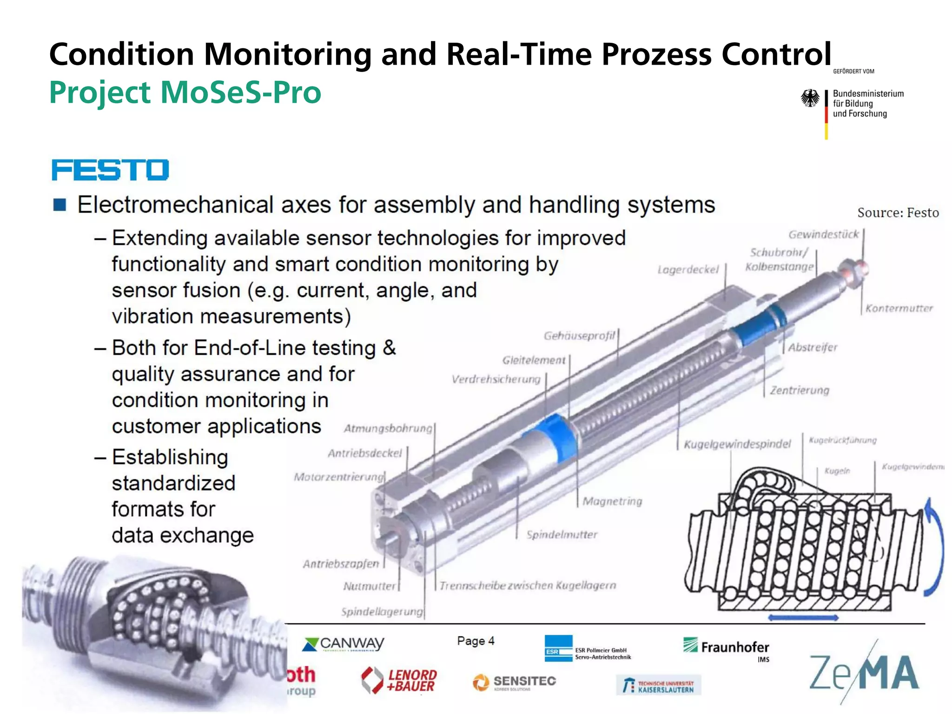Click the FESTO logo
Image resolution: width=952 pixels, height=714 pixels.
[110, 170]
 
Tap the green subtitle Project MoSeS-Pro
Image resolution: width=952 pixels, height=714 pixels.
[185, 93]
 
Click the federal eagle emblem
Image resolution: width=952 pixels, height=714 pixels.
[810, 99]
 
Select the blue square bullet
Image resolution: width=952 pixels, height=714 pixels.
[59, 205]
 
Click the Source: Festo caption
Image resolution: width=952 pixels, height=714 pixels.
[898, 213]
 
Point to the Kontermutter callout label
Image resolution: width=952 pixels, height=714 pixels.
[899, 309]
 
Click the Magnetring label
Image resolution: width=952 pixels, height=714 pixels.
[612, 501]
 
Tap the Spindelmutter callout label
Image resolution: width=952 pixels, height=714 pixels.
[562, 535]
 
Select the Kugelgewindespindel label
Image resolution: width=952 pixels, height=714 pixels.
[737, 444]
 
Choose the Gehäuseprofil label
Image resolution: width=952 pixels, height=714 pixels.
[579, 336]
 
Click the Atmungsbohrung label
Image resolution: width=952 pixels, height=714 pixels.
[388, 429]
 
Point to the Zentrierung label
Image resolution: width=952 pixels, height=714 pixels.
[799, 390]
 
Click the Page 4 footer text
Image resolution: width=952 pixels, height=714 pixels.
[476, 641]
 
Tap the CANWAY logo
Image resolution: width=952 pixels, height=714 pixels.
[343, 644]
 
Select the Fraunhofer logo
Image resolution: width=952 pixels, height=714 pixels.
[726, 647]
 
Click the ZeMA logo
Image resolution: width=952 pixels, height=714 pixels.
[864, 673]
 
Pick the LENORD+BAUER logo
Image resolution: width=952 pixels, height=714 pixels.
[399, 681]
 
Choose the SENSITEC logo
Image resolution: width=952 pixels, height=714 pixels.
[514, 682]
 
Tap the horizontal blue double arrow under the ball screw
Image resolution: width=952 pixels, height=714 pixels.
[803, 618]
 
